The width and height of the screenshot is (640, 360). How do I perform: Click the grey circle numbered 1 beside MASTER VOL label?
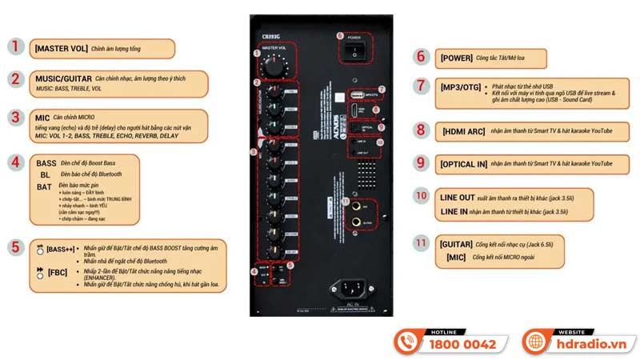click(16, 46)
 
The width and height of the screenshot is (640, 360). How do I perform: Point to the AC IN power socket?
click(353, 290)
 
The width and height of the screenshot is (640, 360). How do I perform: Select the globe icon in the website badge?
click(534, 342)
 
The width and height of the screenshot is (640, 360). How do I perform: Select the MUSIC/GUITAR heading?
click(62, 78)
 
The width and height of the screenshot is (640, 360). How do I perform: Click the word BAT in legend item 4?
click(44, 186)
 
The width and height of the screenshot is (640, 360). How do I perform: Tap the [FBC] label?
click(57, 272)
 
